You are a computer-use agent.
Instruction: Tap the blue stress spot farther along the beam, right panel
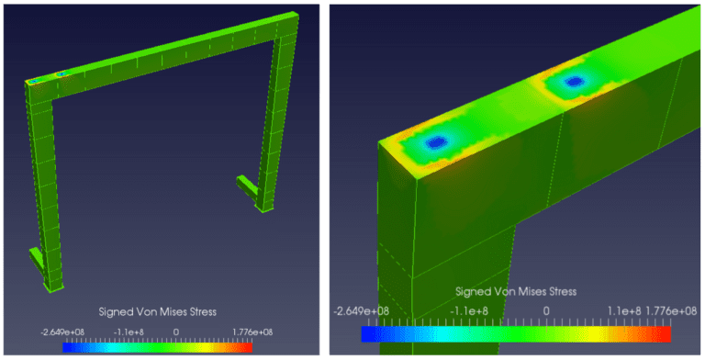pos(574,82)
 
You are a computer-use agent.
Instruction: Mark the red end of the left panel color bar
pos(246,347)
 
